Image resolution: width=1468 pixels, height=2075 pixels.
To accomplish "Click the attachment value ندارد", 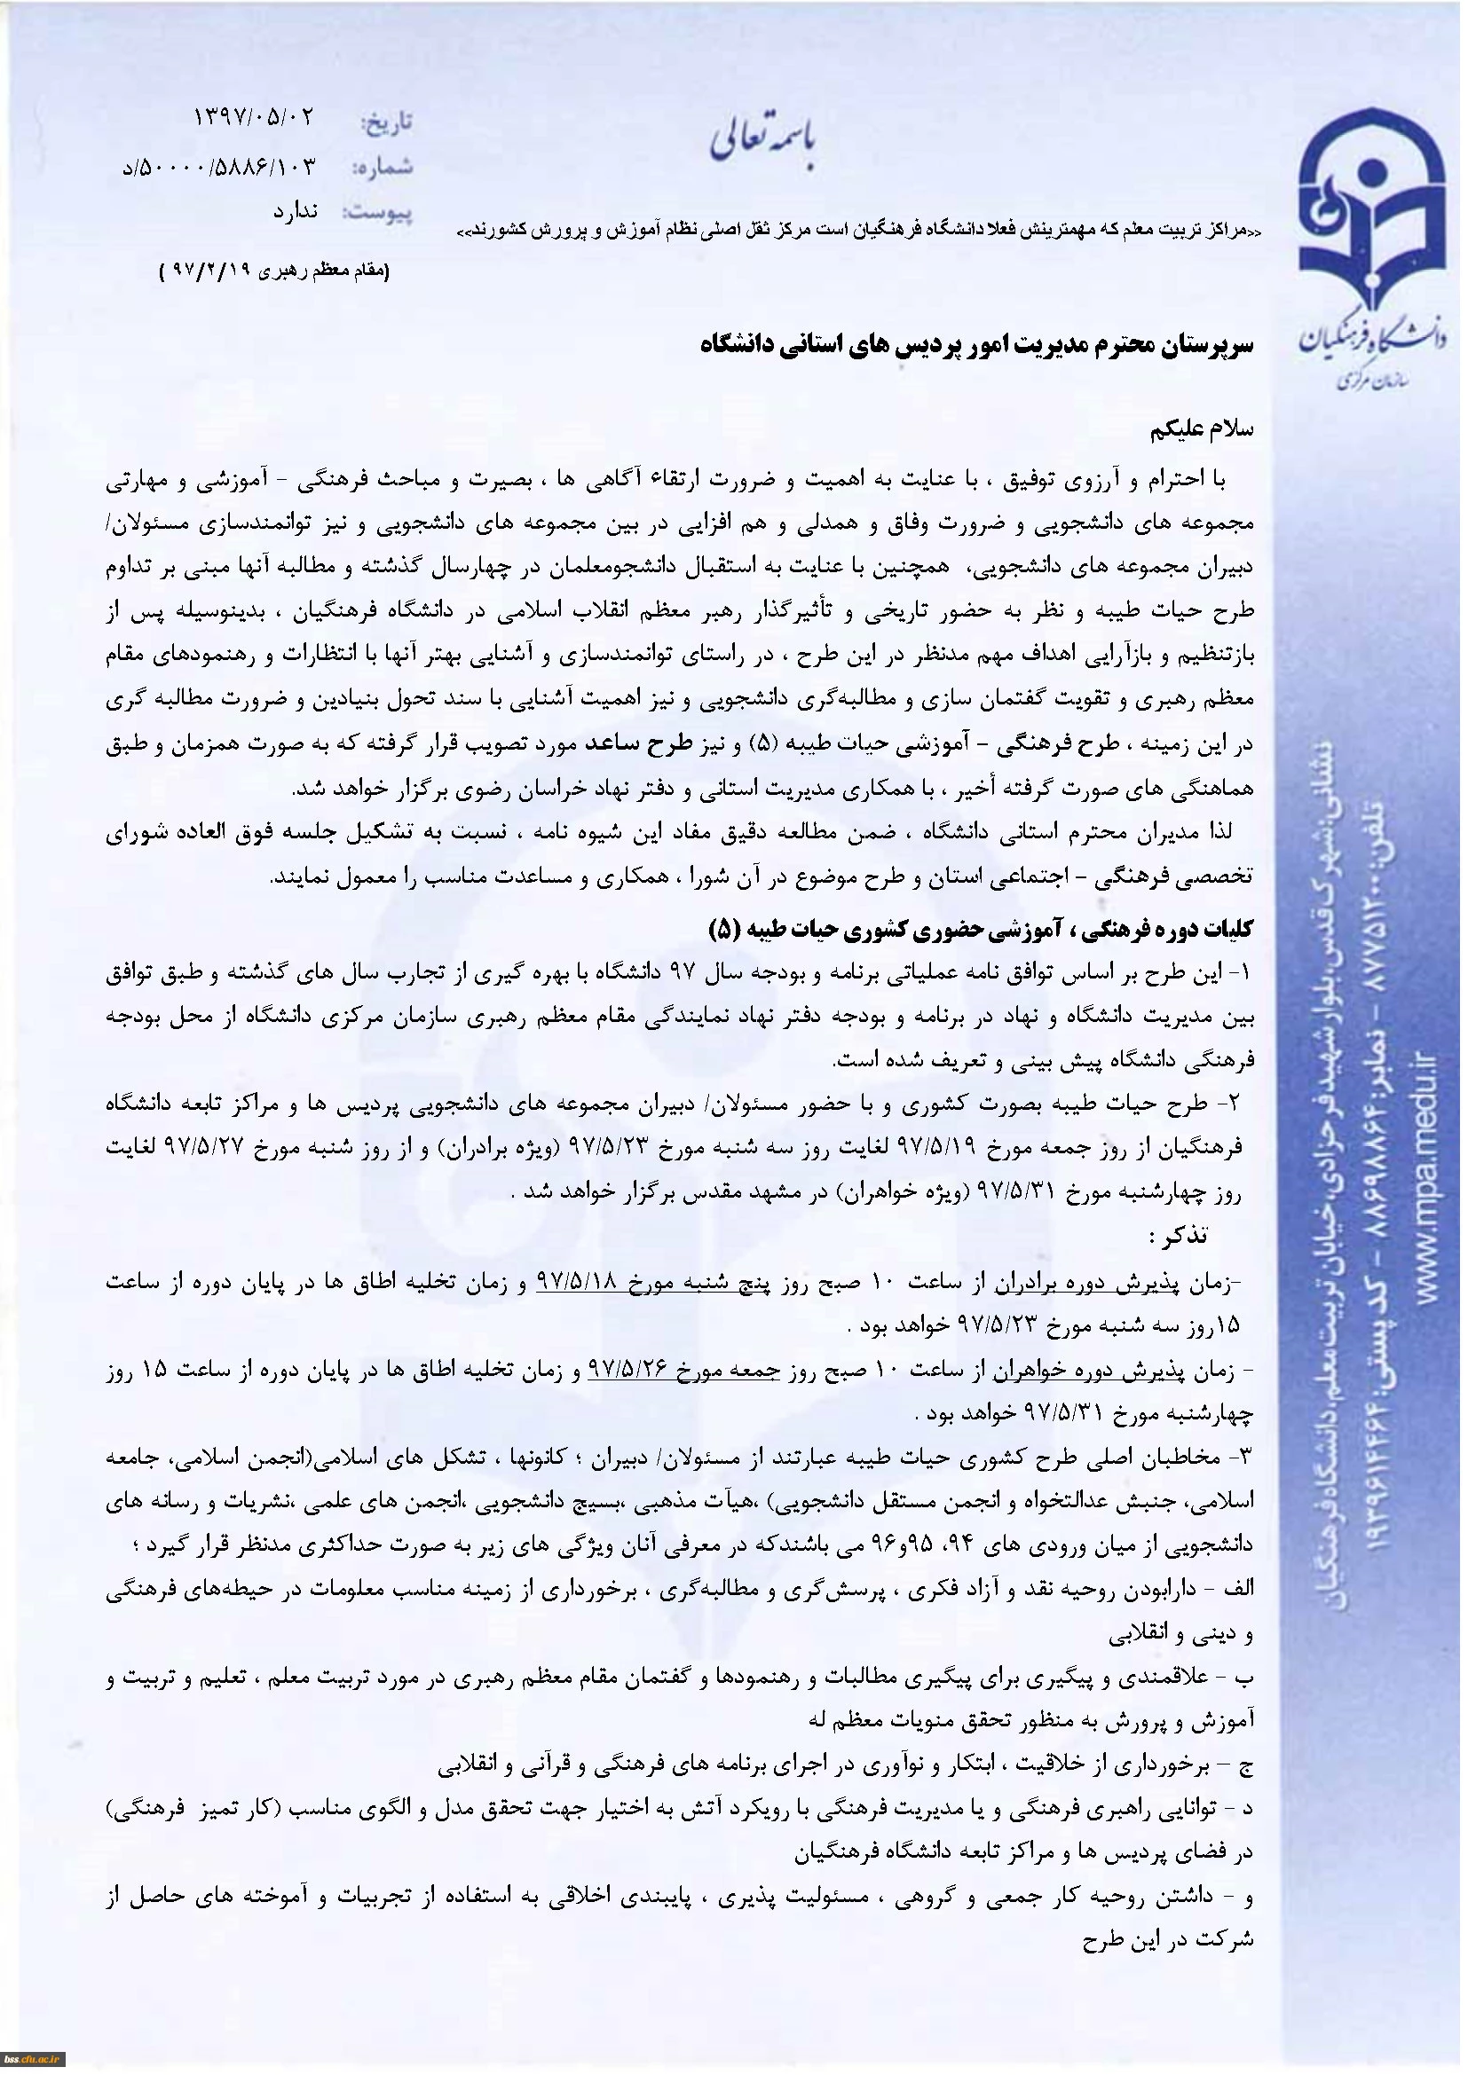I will pyautogui.click(x=296, y=212).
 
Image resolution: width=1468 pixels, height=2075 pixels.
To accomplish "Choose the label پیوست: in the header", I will pyautogui.click(x=377, y=215).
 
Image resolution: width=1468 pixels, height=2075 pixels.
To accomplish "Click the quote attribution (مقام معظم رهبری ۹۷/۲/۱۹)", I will pyautogui.click(x=273, y=271).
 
